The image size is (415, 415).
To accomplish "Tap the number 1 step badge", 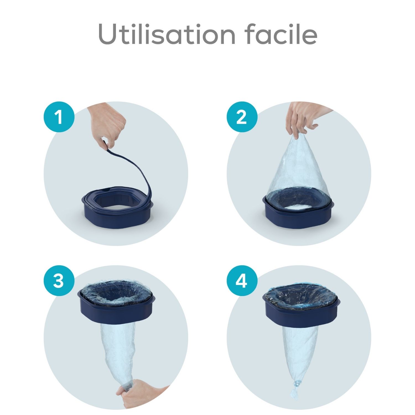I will [59, 117].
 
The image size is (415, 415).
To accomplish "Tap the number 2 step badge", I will [242, 117].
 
